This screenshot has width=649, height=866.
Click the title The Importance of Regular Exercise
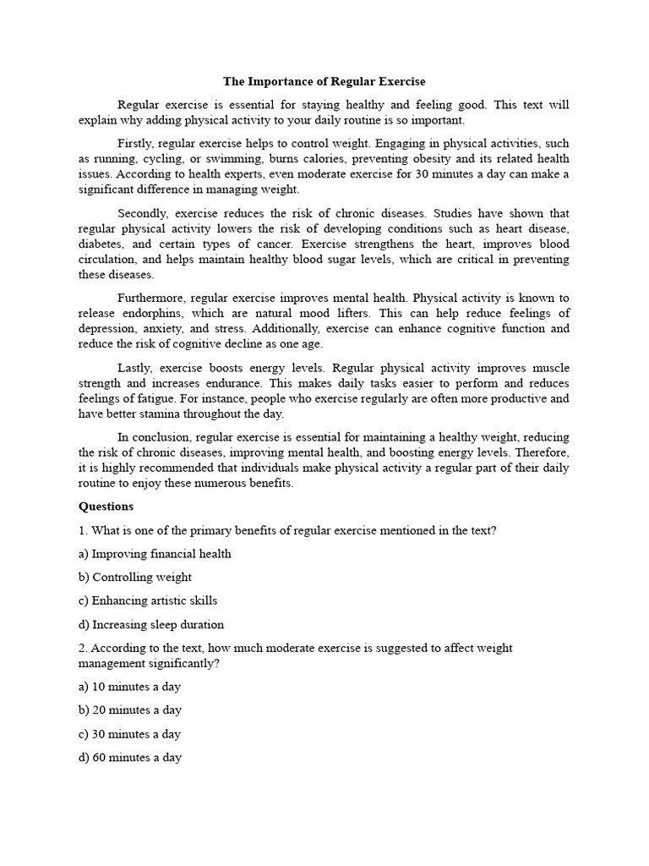(x=324, y=82)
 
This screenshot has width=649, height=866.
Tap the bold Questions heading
(x=106, y=507)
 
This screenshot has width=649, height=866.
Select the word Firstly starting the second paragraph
(x=134, y=143)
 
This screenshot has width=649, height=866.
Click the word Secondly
(x=141, y=213)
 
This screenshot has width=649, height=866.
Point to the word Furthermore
(x=151, y=298)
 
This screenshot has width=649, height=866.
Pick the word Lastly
(x=134, y=368)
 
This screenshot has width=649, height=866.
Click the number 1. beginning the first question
(x=83, y=530)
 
